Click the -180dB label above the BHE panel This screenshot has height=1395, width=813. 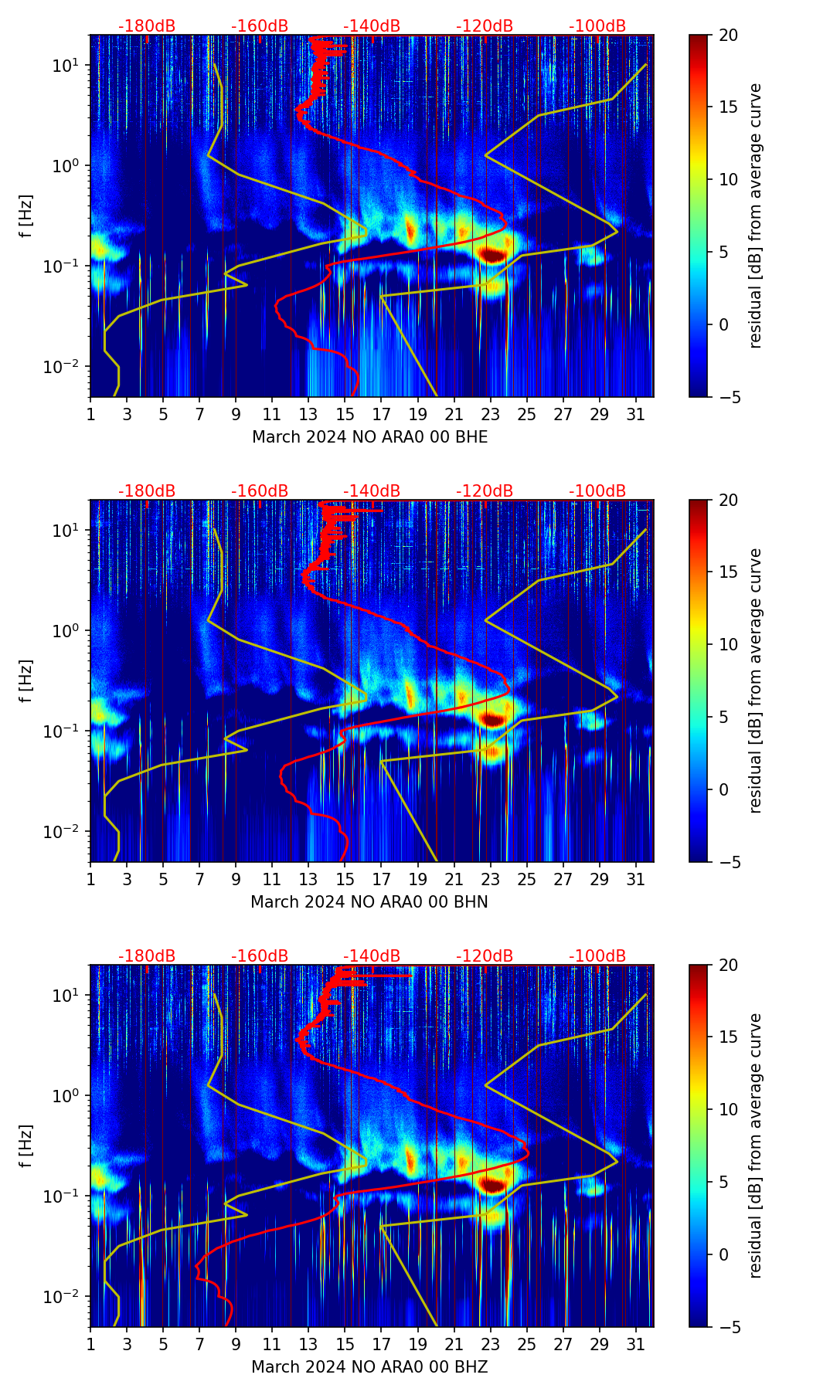pyautogui.click(x=147, y=26)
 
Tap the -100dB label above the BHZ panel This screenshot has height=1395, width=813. pyautogui.click(x=597, y=956)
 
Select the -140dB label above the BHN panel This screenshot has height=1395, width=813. pyautogui.click(x=372, y=491)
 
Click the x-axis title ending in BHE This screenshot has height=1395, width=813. pyautogui.click(x=369, y=437)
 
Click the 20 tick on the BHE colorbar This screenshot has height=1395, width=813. pyautogui.click(x=728, y=35)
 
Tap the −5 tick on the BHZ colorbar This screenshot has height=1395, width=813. pyautogui.click(x=728, y=1327)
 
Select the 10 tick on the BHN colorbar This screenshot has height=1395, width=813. pyautogui.click(x=728, y=644)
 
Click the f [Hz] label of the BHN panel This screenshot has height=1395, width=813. pyautogui.click(x=27, y=681)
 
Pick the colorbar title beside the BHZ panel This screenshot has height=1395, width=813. pyautogui.click(x=756, y=1146)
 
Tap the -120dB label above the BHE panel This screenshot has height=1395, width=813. pyautogui.click(x=485, y=26)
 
